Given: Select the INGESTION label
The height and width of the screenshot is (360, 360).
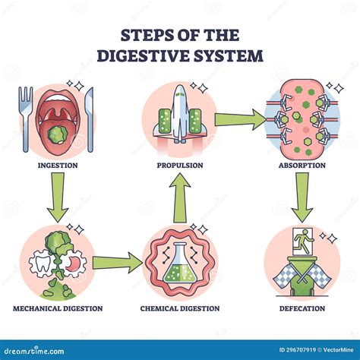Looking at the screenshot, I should (57, 164).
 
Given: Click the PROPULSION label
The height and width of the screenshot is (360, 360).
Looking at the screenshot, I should (181, 164).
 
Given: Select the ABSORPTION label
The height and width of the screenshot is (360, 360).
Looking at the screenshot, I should (302, 164).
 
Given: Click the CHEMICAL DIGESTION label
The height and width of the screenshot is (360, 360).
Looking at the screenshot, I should (181, 308).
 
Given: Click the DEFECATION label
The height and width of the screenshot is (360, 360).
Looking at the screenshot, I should (302, 308).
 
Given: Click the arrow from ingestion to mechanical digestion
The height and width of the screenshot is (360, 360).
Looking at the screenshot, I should (57, 196).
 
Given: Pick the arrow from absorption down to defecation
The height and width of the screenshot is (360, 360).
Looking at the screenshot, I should (302, 196).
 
